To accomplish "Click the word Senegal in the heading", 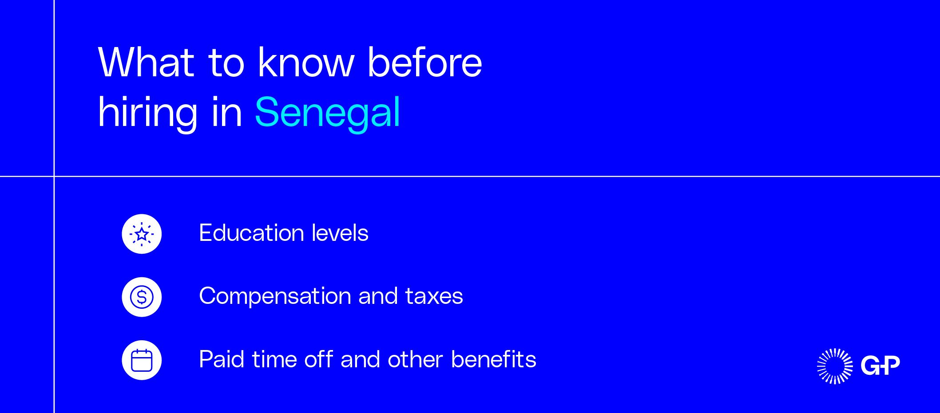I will coord(328,113).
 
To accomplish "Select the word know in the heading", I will coord(306,63).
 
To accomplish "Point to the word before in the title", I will coord(424,63).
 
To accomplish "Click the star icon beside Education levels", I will coord(142,234).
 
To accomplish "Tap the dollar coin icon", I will coord(142,297).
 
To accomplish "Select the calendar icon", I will coord(142,360).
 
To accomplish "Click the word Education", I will coord(251,233).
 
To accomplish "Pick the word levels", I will coord(340,233).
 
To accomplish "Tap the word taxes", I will coord(434,296).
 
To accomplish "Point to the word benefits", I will coord(493,359).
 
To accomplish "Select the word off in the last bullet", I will coord(318,359).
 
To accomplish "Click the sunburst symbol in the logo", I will coord(835,366).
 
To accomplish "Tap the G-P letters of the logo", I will coord(880,365).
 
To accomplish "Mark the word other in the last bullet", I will coord(415,359).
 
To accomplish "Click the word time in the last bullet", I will coord(274,359).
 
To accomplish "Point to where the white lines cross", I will coord(54,176).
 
